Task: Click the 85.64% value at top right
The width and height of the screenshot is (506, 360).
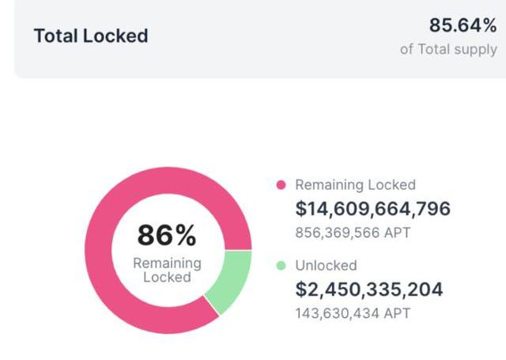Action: [x=463, y=25]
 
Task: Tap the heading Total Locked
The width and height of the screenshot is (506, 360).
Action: [x=90, y=36]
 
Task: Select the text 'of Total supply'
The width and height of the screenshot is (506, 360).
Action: [x=448, y=49]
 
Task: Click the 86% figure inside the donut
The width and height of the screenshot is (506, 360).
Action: [x=167, y=235]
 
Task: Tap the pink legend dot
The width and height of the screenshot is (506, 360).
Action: [x=281, y=185]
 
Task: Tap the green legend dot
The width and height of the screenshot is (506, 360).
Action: [x=281, y=266]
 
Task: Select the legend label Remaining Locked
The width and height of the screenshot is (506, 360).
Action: [x=355, y=184]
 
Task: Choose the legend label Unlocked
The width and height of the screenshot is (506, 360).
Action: [x=326, y=265]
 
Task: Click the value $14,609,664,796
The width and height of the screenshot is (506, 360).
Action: [x=372, y=209]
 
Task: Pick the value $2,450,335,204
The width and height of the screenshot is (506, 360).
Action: [x=368, y=290]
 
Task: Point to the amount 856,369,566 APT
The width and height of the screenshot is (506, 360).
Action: [x=353, y=233]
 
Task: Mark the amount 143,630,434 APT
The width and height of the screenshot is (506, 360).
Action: [x=353, y=313]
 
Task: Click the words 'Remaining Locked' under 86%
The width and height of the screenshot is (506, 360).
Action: [x=167, y=269]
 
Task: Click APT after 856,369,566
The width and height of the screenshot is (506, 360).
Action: [x=397, y=233]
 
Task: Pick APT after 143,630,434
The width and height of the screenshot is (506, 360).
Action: [x=397, y=313]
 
